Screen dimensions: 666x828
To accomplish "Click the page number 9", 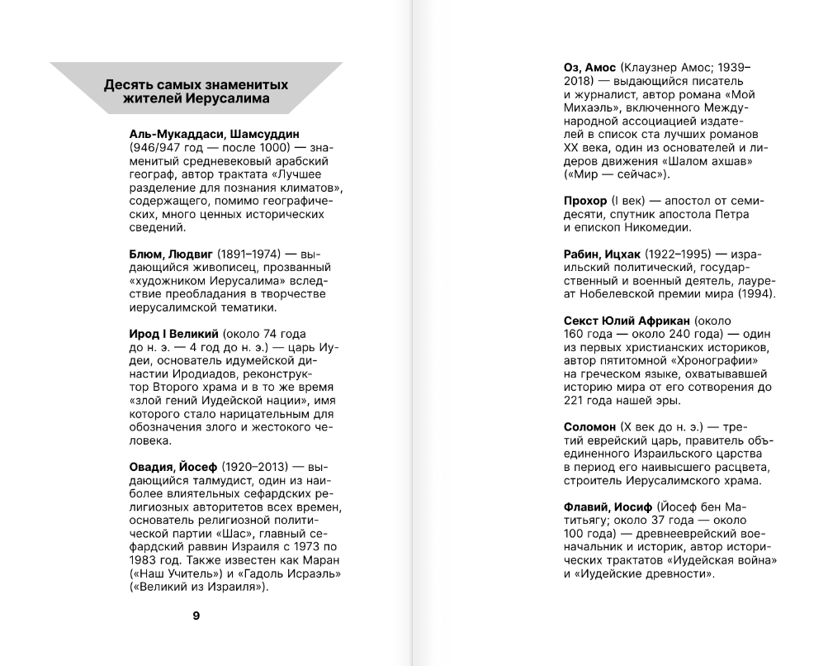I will coord(196,615).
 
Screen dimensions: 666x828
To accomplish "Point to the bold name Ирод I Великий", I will coord(173,333).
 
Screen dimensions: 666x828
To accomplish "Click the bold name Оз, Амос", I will coord(589,66).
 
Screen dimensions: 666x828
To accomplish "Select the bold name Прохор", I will coord(584,201).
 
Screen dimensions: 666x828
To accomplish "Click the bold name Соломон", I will coord(589,426).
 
